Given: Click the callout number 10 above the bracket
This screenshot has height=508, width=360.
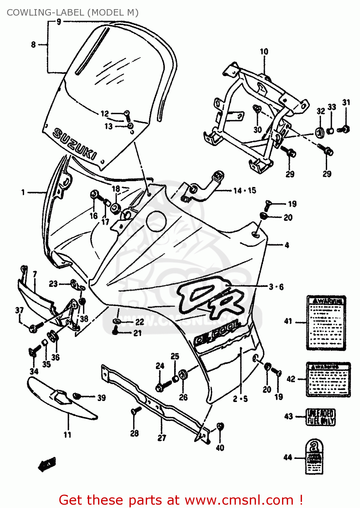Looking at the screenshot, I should click(264, 51).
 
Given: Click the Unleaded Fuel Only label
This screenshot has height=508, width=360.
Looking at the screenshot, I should click(320, 417).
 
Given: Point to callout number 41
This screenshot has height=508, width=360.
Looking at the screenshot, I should click(288, 321).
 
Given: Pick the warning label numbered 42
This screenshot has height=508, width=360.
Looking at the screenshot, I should click(328, 379).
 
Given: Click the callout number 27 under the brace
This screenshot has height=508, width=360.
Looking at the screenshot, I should click(162, 438).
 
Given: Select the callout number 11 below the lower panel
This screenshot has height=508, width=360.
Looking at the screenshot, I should click(67, 435).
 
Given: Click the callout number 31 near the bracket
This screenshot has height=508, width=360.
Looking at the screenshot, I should click(346, 102).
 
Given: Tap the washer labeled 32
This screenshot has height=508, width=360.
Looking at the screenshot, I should click(320, 132).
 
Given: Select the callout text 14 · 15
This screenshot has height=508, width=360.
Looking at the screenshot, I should click(244, 191).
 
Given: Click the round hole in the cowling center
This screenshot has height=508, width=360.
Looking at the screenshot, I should click(156, 221).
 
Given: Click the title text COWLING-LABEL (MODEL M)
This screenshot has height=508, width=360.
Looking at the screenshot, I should click(73, 13).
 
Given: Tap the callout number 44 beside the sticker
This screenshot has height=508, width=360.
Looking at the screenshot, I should click(287, 457).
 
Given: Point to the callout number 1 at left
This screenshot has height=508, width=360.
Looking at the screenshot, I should click(23, 192).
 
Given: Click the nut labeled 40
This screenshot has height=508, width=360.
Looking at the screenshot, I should click(220, 426).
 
